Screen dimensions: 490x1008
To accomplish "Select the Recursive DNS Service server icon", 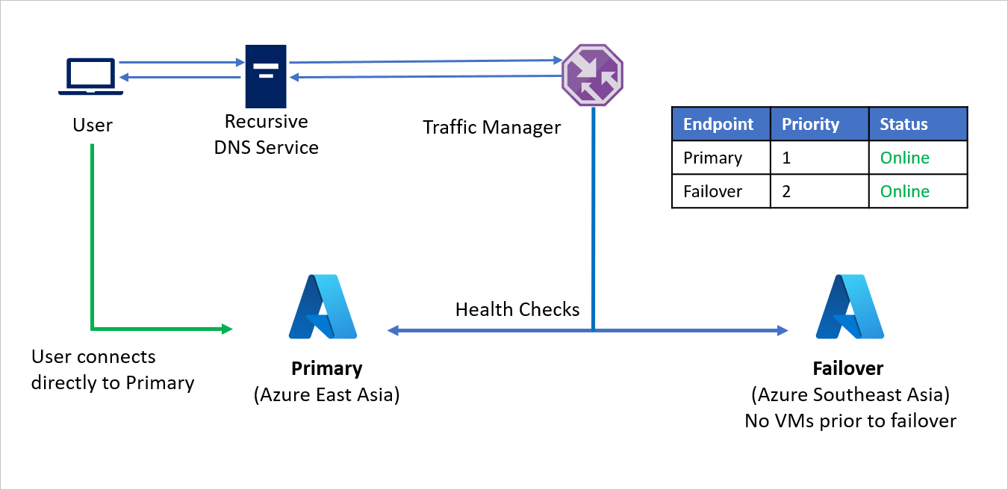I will click(x=266, y=75).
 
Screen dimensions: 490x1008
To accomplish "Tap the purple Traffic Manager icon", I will click(x=592, y=75).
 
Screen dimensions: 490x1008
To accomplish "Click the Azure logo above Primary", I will click(x=323, y=307).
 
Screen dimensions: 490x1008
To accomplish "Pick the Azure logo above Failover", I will click(x=850, y=307).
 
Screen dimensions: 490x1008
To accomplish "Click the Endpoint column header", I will click(x=718, y=124).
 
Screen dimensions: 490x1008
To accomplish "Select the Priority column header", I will click(x=810, y=124).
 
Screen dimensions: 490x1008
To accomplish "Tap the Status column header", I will click(x=903, y=124).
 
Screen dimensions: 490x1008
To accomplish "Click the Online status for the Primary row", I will click(x=904, y=158).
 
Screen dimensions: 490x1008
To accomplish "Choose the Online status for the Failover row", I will click(x=904, y=191).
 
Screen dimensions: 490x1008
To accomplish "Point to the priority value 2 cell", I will click(x=787, y=191).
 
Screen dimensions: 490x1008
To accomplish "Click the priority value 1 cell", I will click(x=786, y=158).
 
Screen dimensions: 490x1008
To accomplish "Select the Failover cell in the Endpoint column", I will click(x=712, y=191).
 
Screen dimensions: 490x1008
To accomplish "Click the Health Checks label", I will click(x=517, y=309).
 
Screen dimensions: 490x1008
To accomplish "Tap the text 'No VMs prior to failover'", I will click(x=850, y=421).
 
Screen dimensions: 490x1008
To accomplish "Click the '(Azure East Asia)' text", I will click(x=326, y=394).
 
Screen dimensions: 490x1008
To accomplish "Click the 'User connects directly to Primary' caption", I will click(x=113, y=370).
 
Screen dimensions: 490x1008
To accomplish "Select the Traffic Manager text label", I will click(x=491, y=127).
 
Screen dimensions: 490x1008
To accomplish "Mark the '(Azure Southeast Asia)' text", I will click(x=850, y=394).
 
